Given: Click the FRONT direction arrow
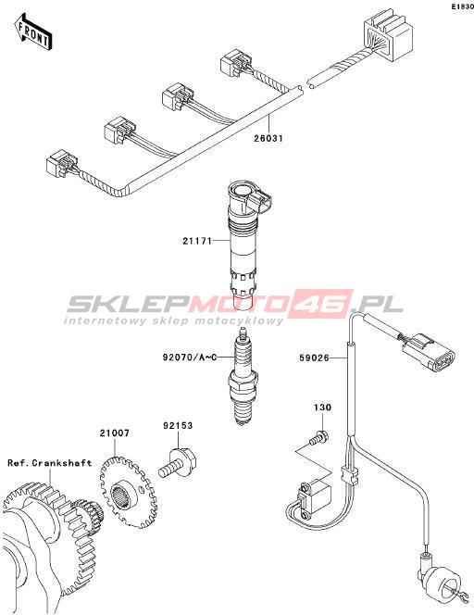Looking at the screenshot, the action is coord(32,31).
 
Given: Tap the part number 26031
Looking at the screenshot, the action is coord(268,138).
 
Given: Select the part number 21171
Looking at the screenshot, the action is coord(197,241).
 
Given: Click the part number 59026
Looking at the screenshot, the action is coord(314,358).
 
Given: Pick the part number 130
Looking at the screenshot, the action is coord(322,408).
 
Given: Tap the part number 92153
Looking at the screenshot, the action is coord(178,425).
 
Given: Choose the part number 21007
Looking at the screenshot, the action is coord(114,433).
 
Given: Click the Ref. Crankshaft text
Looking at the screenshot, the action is coord(50,463).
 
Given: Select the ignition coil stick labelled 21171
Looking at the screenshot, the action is coord(246,245).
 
